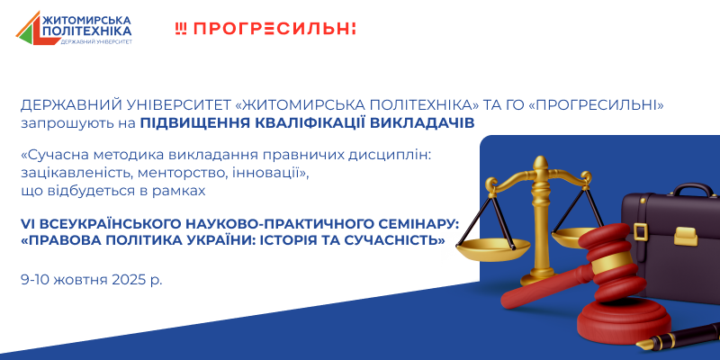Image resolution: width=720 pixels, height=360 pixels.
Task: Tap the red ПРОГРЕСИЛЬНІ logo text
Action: (x=274, y=29)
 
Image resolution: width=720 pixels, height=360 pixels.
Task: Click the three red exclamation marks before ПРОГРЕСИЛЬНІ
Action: (x=181, y=29)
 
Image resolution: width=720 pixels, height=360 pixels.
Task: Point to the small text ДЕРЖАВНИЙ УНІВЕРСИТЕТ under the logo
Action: (x=96, y=41)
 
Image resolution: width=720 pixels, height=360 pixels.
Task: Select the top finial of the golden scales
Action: (x=541, y=162)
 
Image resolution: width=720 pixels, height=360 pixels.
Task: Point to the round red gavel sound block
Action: (x=623, y=320)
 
